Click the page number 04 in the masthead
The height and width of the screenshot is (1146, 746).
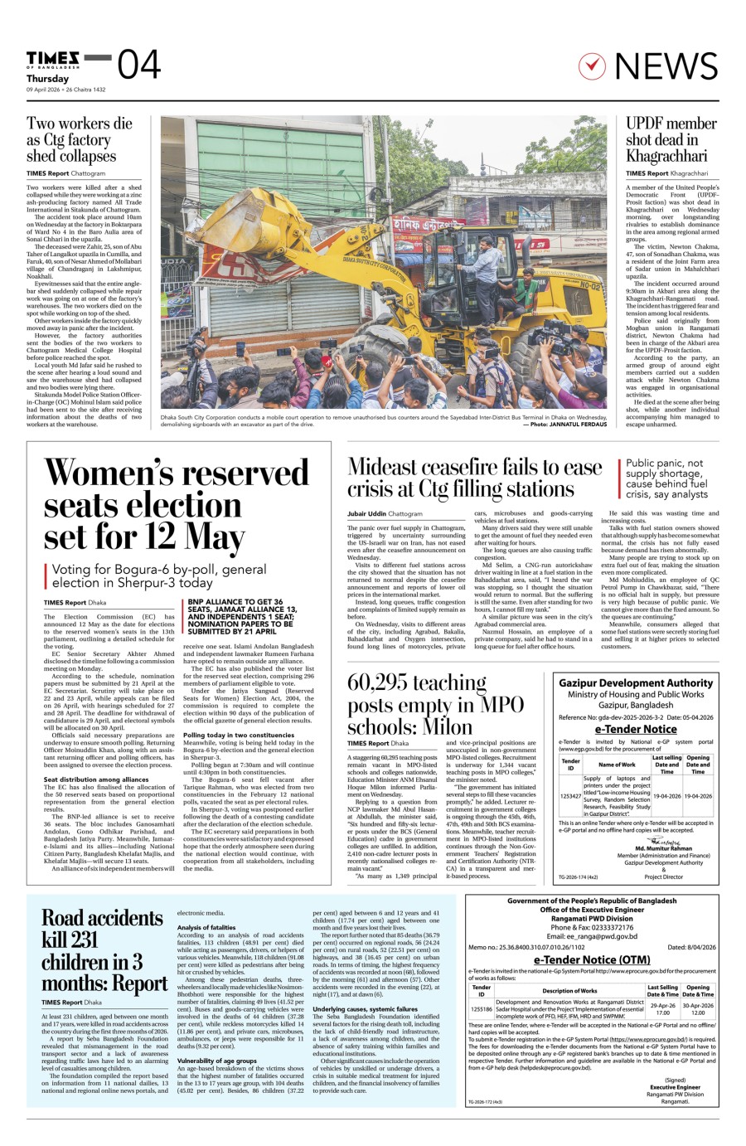tap(138, 65)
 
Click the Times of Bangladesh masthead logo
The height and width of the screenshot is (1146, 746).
tap(54, 57)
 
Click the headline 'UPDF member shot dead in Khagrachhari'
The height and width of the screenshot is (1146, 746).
tap(671, 139)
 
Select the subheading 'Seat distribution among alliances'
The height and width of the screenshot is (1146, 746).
tap(96, 779)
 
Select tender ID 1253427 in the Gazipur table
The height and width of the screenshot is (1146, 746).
tap(570, 795)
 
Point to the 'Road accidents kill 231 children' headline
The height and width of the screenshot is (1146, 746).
tap(104, 950)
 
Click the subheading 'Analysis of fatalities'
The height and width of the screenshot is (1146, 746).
tap(206, 927)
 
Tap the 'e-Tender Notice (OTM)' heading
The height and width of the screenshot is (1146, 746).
tap(592, 959)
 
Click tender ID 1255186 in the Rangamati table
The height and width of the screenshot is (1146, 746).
tap(481, 1009)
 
